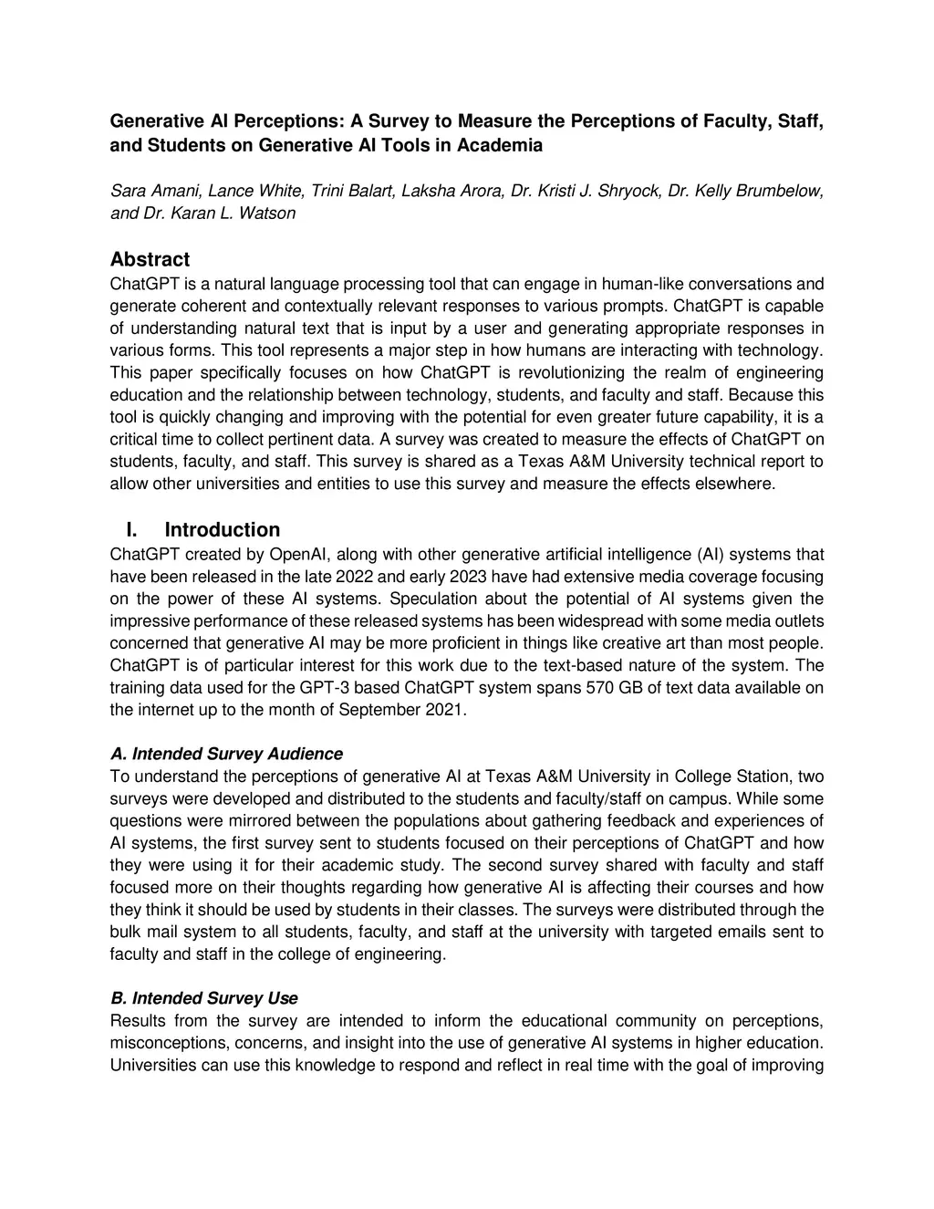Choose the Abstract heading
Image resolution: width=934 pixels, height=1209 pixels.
tap(150, 260)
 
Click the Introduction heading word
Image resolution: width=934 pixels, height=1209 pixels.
tap(222, 530)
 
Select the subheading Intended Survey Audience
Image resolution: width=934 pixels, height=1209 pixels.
tap(226, 755)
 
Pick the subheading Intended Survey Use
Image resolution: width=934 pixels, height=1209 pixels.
tap(204, 998)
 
